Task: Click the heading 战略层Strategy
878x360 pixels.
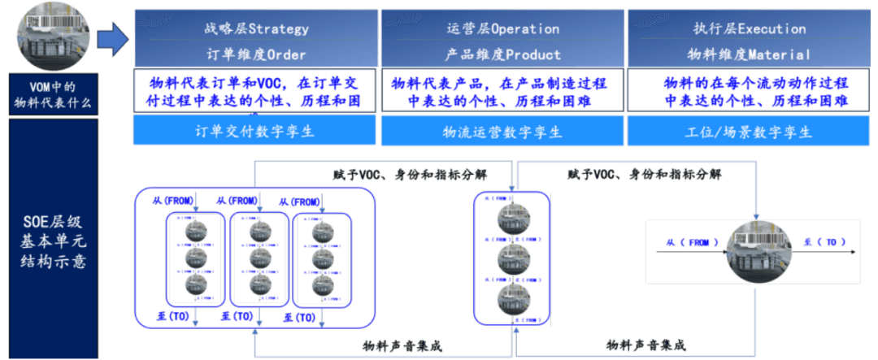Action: [256, 28]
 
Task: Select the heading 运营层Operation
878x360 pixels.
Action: [502, 28]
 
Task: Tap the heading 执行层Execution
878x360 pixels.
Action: [749, 28]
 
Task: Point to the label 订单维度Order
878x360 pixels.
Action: [256, 54]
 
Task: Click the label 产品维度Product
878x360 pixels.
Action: [502, 54]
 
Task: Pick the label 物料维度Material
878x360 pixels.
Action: [749, 54]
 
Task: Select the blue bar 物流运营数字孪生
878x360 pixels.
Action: [502, 131]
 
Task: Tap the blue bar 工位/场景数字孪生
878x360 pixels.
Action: [749, 131]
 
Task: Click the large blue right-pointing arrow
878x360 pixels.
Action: [112, 37]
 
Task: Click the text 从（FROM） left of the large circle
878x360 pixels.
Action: [688, 242]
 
